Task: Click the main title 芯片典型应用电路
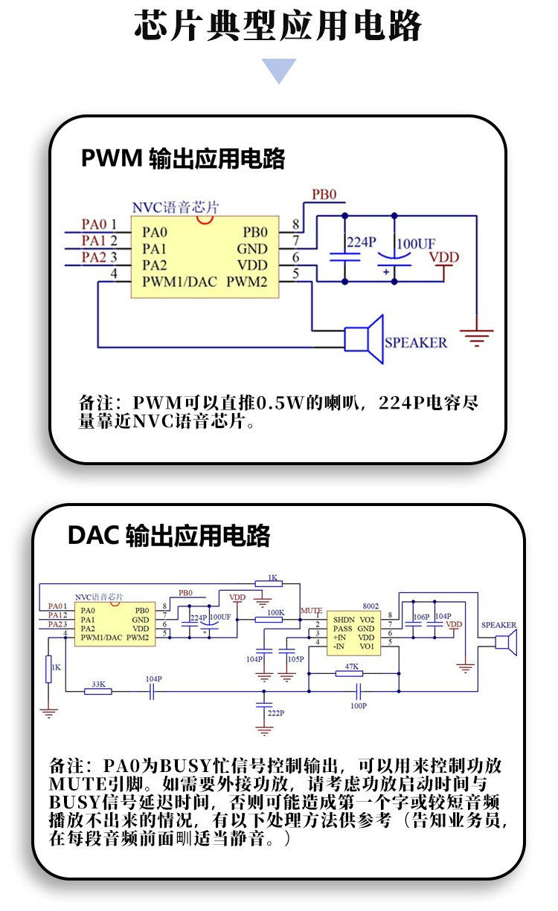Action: [x=278, y=26]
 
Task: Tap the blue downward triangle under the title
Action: [x=278, y=71]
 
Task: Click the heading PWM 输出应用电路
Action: [x=183, y=158]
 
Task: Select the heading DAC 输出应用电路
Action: [x=169, y=535]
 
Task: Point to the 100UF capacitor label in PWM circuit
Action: [x=416, y=244]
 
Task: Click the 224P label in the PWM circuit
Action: [x=362, y=242]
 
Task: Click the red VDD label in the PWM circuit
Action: [x=444, y=257]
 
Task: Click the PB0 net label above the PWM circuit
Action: [x=324, y=195]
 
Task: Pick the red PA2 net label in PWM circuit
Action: [x=94, y=257]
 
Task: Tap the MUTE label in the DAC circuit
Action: [x=311, y=610]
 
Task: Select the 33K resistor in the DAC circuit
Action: [x=97, y=691]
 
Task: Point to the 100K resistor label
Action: [x=275, y=613]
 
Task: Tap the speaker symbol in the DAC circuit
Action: [x=507, y=643]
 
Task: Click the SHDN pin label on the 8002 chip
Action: [x=343, y=619]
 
